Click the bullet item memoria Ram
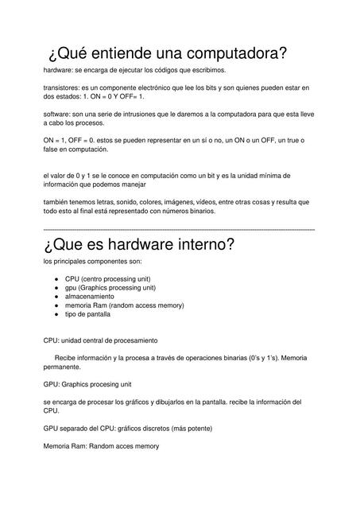coord(117,305)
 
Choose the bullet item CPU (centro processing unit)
coord(110,278)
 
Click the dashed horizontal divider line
coord(180,229)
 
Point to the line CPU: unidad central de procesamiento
coord(100,340)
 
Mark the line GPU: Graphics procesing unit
coord(93,383)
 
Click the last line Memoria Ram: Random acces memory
coord(101,446)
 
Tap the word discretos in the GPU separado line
coord(169,428)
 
